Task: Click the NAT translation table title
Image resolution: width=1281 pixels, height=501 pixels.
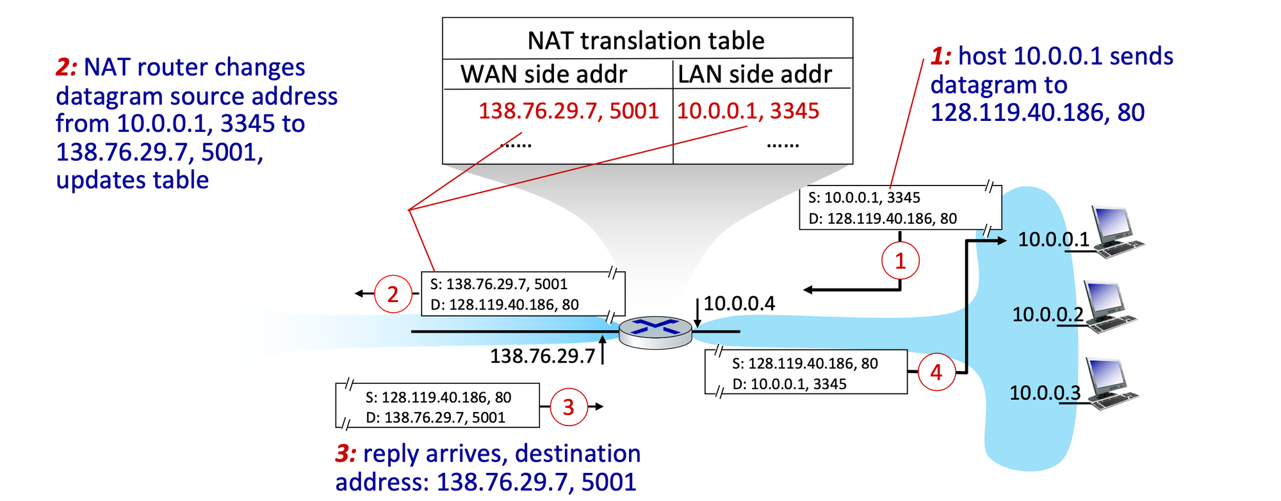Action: tap(646, 41)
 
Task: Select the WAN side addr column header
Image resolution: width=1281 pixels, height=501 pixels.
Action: tap(543, 74)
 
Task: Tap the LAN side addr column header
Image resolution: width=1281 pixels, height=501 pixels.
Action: tap(755, 74)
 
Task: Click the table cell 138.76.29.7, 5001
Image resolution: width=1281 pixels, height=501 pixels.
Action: tap(568, 111)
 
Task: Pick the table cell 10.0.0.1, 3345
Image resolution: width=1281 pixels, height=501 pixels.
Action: tap(747, 111)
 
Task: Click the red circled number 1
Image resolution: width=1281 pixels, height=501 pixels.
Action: tap(900, 261)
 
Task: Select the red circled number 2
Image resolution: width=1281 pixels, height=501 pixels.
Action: tap(393, 294)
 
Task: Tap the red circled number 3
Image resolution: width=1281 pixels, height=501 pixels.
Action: tap(568, 407)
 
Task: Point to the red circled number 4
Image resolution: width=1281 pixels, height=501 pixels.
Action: tap(936, 372)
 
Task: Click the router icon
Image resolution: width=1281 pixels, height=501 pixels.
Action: tap(656, 332)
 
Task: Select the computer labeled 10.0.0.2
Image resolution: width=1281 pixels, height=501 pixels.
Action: tap(1111, 307)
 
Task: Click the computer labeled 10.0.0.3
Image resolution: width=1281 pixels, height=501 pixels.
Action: tap(1111, 384)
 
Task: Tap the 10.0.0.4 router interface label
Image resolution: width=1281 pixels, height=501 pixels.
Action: tap(739, 303)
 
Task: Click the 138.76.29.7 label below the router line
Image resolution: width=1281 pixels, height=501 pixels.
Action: tap(543, 356)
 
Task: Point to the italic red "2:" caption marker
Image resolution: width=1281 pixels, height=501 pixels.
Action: tap(67, 67)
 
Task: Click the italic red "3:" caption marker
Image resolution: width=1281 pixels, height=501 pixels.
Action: tap(346, 454)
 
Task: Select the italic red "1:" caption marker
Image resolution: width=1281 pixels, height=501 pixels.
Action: tap(941, 56)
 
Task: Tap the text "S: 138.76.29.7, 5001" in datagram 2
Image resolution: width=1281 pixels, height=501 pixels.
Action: tap(498, 284)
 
